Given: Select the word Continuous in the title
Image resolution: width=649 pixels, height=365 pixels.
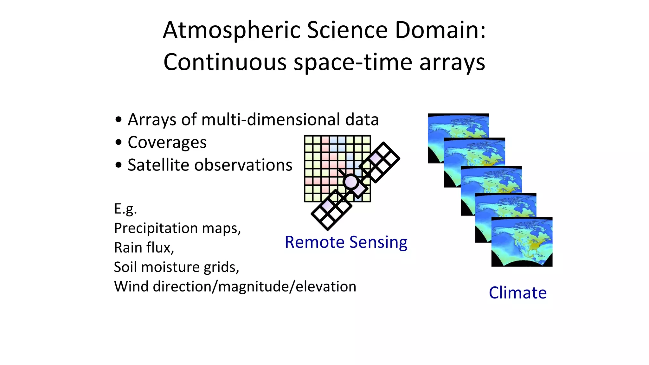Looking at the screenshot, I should pyautogui.click(x=225, y=62).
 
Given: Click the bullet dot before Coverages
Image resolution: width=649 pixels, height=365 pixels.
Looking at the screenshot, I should pyautogui.click(x=119, y=143).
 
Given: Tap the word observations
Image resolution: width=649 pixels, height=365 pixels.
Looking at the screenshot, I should pyautogui.click(x=243, y=165).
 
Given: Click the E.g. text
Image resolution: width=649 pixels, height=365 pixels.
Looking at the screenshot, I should pyautogui.click(x=125, y=209).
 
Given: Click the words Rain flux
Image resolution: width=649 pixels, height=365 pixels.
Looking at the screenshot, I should pyautogui.click(x=144, y=248).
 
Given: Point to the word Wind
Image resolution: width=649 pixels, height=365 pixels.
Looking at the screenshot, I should pyautogui.click(x=131, y=286).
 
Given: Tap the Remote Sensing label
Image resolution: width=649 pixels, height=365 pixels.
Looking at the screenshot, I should pyautogui.click(x=346, y=242).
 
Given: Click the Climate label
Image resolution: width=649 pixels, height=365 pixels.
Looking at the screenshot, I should pyautogui.click(x=518, y=293).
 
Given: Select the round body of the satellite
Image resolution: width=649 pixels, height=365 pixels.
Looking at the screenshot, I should pyautogui.click(x=351, y=182).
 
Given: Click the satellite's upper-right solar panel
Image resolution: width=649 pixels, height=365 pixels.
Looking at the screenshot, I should pyautogui.click(x=379, y=162).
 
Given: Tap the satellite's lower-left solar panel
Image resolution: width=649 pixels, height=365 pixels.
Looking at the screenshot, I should pyautogui.click(x=331, y=210).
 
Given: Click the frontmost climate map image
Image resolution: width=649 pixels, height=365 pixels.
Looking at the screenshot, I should pyautogui.click(x=522, y=242).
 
